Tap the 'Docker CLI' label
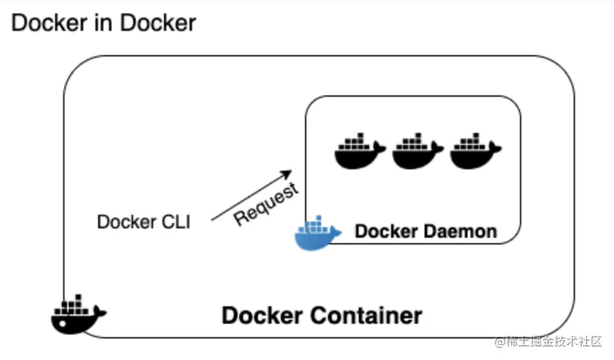[143, 222]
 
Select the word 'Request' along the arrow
[266, 204]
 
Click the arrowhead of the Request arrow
[290, 171]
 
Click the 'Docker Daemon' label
[425, 232]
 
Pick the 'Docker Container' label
[322, 315]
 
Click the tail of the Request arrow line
[212, 219]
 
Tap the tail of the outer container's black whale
[101, 311]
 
